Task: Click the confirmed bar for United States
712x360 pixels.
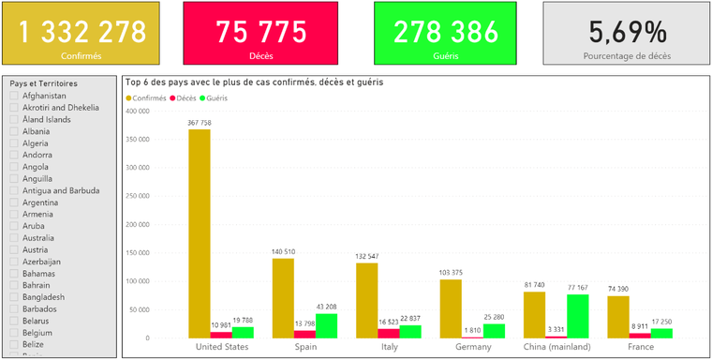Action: (x=200, y=233)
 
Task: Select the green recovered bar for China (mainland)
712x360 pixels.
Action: (x=578, y=316)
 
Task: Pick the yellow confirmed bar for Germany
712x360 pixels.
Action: (x=451, y=308)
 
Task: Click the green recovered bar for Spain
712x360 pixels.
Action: (x=326, y=326)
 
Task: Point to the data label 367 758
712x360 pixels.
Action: (x=200, y=123)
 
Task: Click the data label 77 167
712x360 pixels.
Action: (x=578, y=288)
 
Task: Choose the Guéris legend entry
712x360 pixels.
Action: (x=214, y=98)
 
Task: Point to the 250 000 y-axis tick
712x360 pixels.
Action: (x=137, y=196)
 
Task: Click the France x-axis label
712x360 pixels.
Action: (x=640, y=347)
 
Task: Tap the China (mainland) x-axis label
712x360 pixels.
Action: (x=556, y=347)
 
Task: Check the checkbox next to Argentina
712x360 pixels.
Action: (x=14, y=202)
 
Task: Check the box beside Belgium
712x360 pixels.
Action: (x=14, y=333)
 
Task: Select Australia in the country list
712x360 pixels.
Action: (x=38, y=238)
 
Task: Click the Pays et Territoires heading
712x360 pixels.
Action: (x=44, y=83)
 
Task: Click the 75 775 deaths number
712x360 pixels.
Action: (x=261, y=33)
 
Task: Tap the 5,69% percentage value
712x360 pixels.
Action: (x=628, y=32)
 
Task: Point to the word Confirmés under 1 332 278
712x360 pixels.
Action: (x=82, y=56)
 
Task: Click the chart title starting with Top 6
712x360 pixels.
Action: (x=254, y=82)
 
